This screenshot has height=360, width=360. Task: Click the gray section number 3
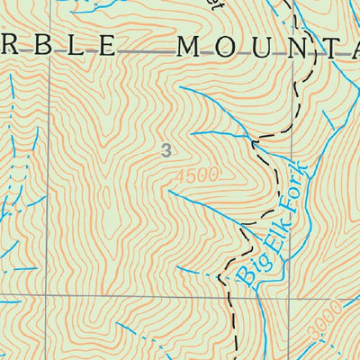point(166,150)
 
